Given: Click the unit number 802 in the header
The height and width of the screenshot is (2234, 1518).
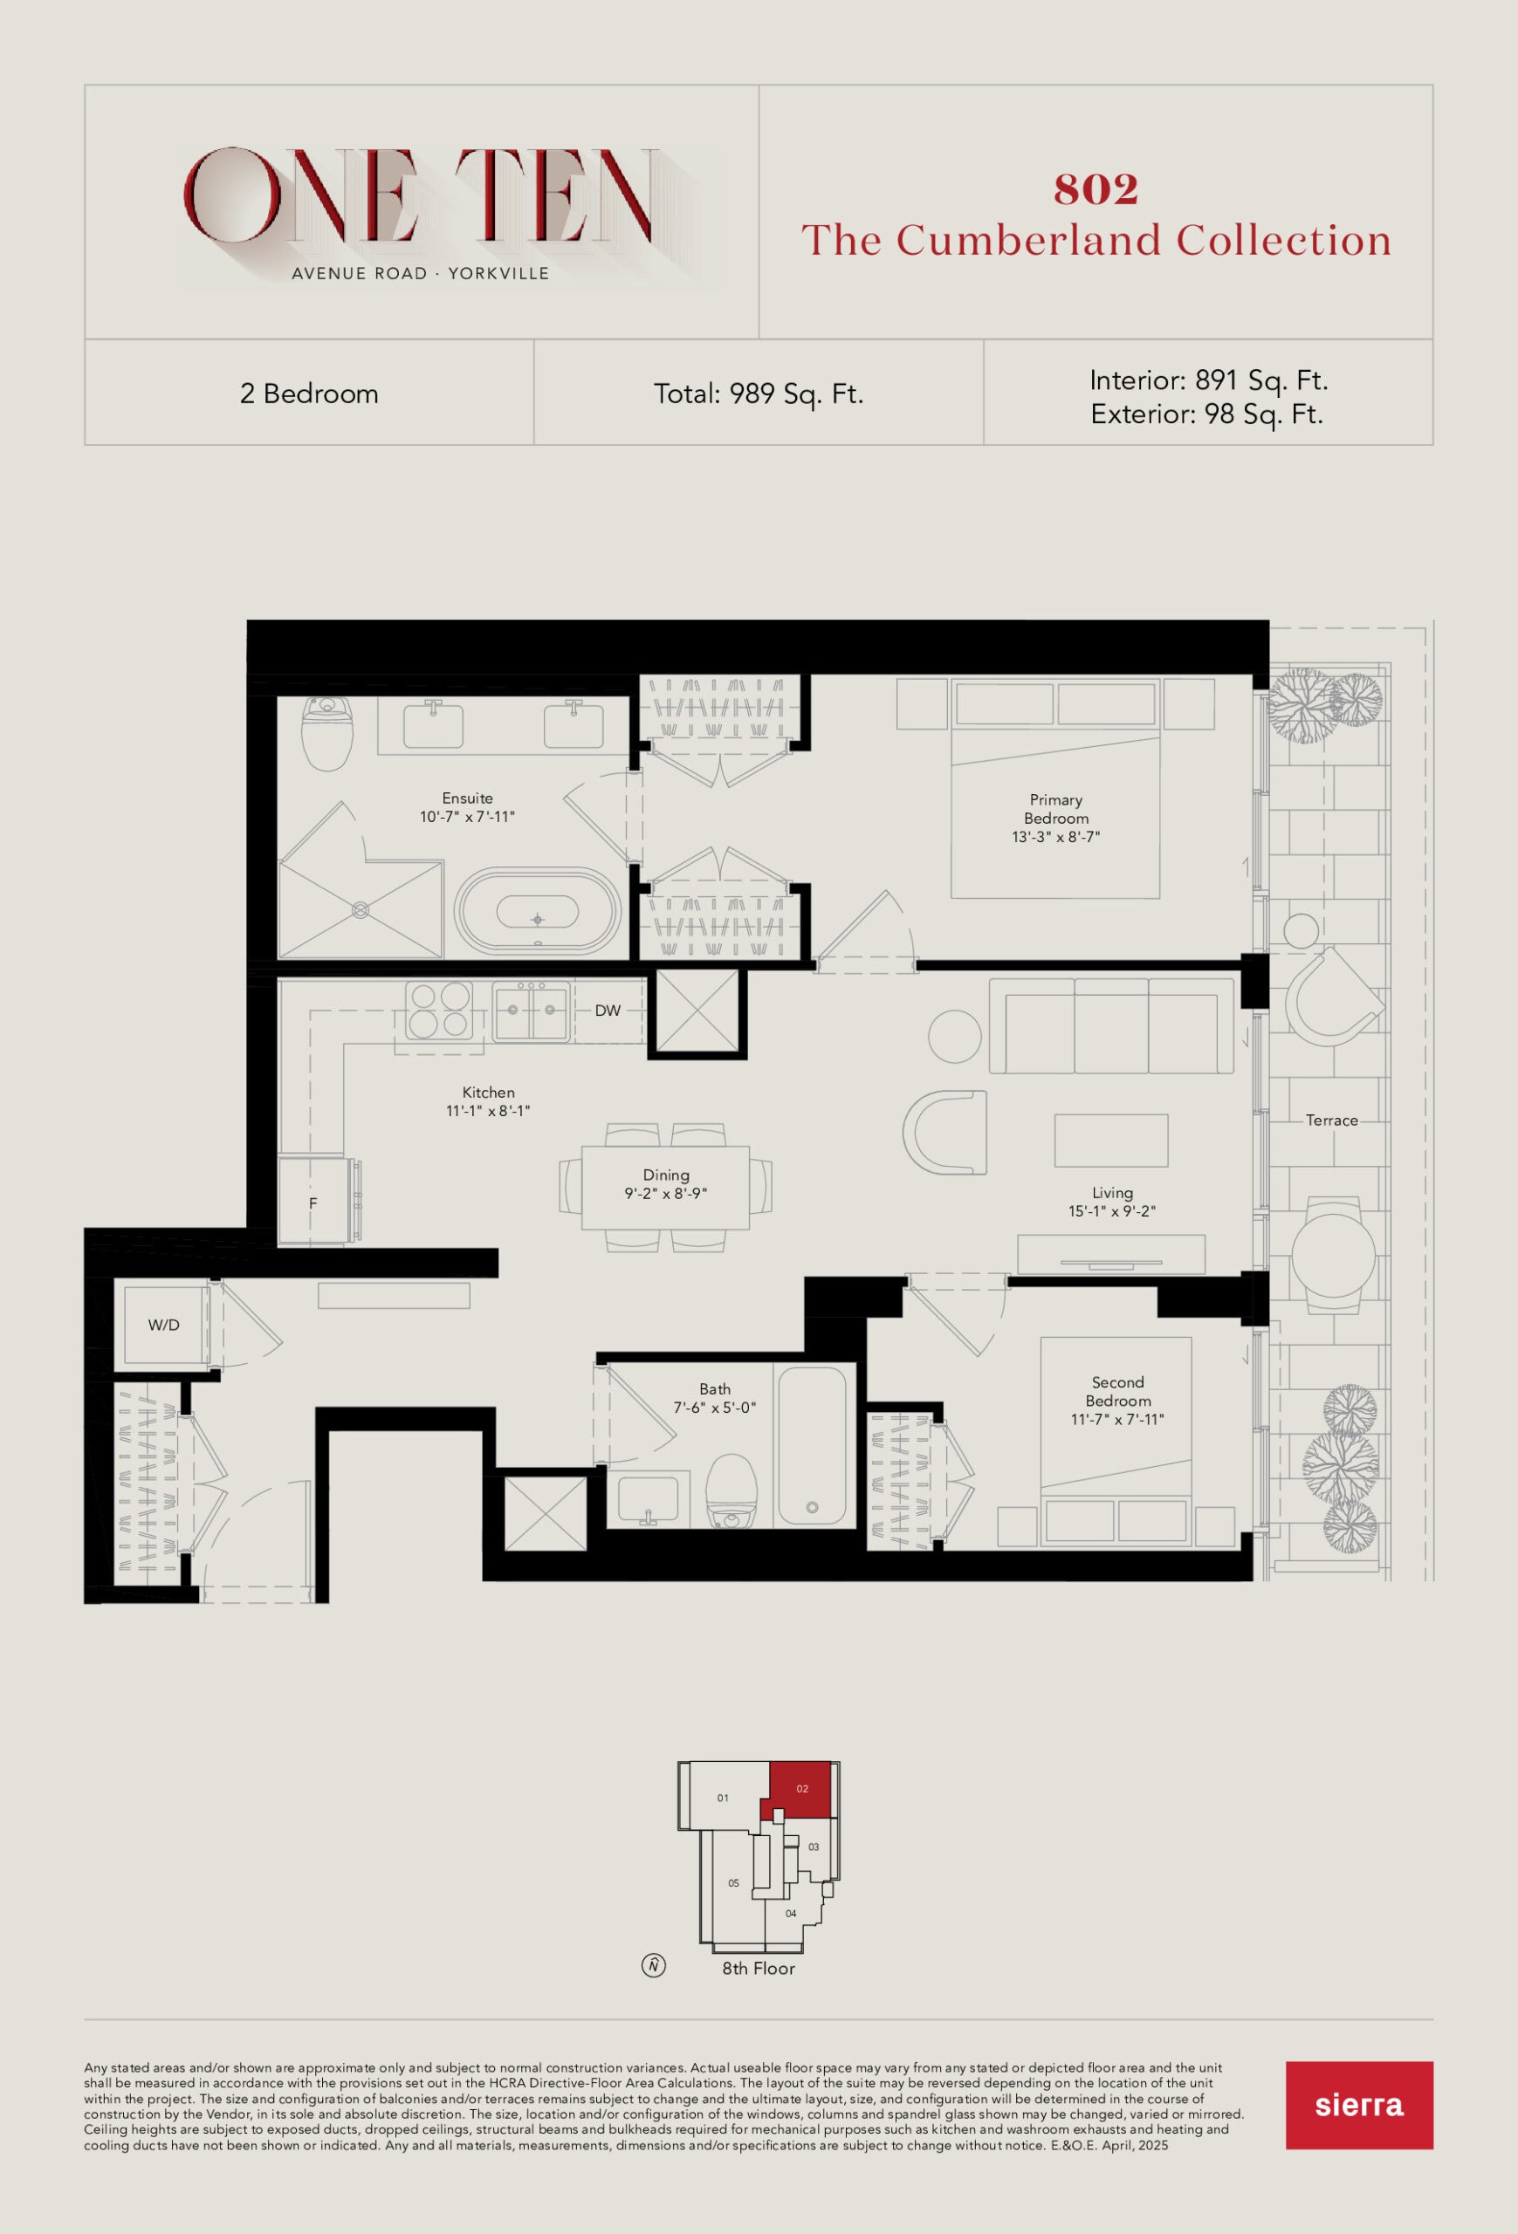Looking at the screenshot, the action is (x=1096, y=189).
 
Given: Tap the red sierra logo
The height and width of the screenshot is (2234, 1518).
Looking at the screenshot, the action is (x=1358, y=2104).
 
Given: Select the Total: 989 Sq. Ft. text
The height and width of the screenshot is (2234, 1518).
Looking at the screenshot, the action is (x=759, y=394).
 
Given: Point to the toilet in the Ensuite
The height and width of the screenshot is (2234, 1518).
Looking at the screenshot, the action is (x=326, y=732).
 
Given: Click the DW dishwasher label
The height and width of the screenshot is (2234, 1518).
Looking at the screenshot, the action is (x=608, y=1011).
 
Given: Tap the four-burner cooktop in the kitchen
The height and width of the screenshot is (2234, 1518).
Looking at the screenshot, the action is (x=439, y=1011).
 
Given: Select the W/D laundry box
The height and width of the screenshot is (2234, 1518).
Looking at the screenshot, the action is (x=163, y=1325).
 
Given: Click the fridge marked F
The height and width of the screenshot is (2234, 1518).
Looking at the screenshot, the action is (x=313, y=1203).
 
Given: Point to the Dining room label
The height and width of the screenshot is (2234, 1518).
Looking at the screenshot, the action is (x=666, y=1175).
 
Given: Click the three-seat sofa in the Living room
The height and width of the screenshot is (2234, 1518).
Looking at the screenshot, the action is (x=1111, y=1025).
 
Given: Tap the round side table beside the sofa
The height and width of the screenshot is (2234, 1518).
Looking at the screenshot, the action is (x=955, y=1036).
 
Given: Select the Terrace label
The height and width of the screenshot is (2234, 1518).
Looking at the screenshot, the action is (x=1331, y=1120).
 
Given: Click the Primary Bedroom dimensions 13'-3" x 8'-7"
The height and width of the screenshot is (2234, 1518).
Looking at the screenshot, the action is (x=1055, y=836).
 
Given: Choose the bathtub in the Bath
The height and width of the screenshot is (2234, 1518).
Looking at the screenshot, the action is (x=812, y=1446).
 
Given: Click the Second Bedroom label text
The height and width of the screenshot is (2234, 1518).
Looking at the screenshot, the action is (x=1118, y=1391).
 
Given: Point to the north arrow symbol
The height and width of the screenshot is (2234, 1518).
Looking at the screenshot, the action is (x=654, y=1965).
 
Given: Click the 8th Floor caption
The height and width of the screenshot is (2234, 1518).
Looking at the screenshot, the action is (x=759, y=1968).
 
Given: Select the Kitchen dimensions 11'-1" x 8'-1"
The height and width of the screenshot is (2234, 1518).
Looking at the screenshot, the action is (x=488, y=1110).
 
